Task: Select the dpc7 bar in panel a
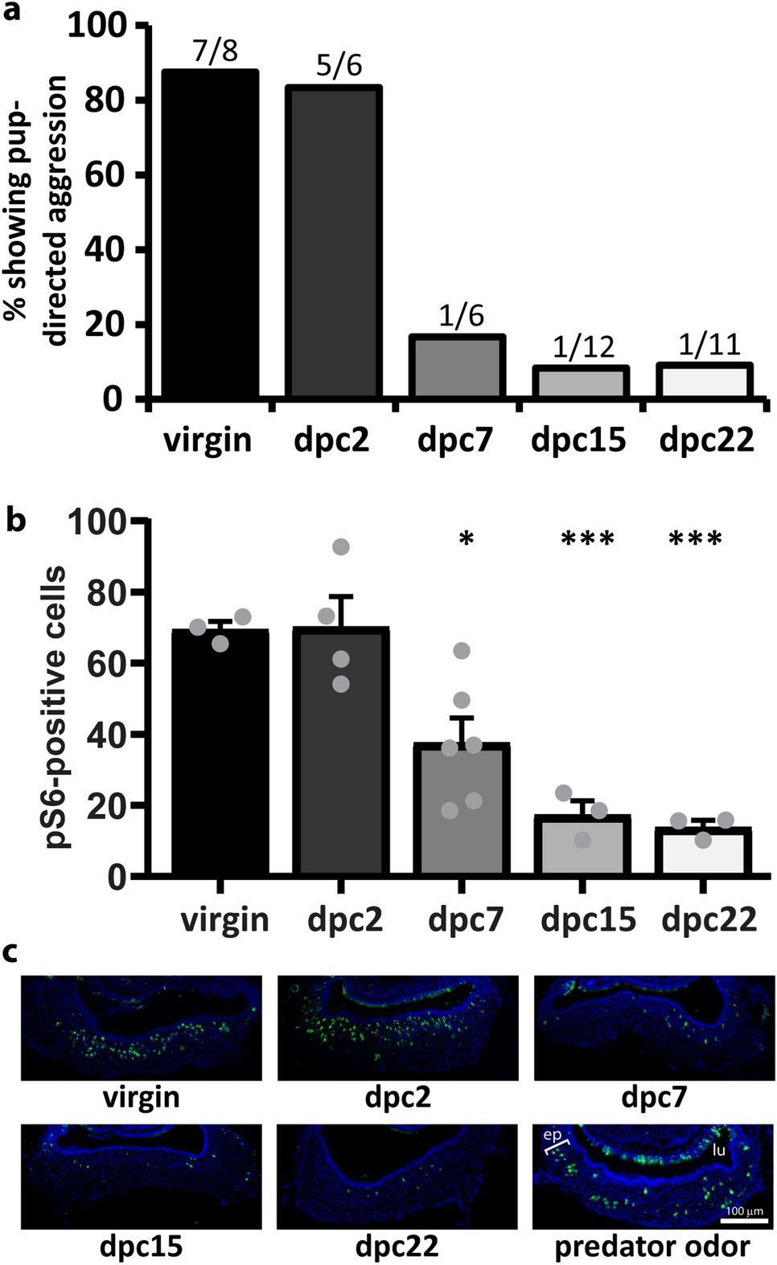456,366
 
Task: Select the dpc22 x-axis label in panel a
706,440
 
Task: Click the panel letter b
16,521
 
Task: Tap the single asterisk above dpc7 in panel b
466,540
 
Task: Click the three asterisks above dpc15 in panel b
587,540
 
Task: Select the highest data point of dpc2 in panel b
341,547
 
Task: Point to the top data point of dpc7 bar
462,651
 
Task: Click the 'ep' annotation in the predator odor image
552,1135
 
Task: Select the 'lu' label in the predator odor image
718,1150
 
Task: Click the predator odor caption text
652,1247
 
